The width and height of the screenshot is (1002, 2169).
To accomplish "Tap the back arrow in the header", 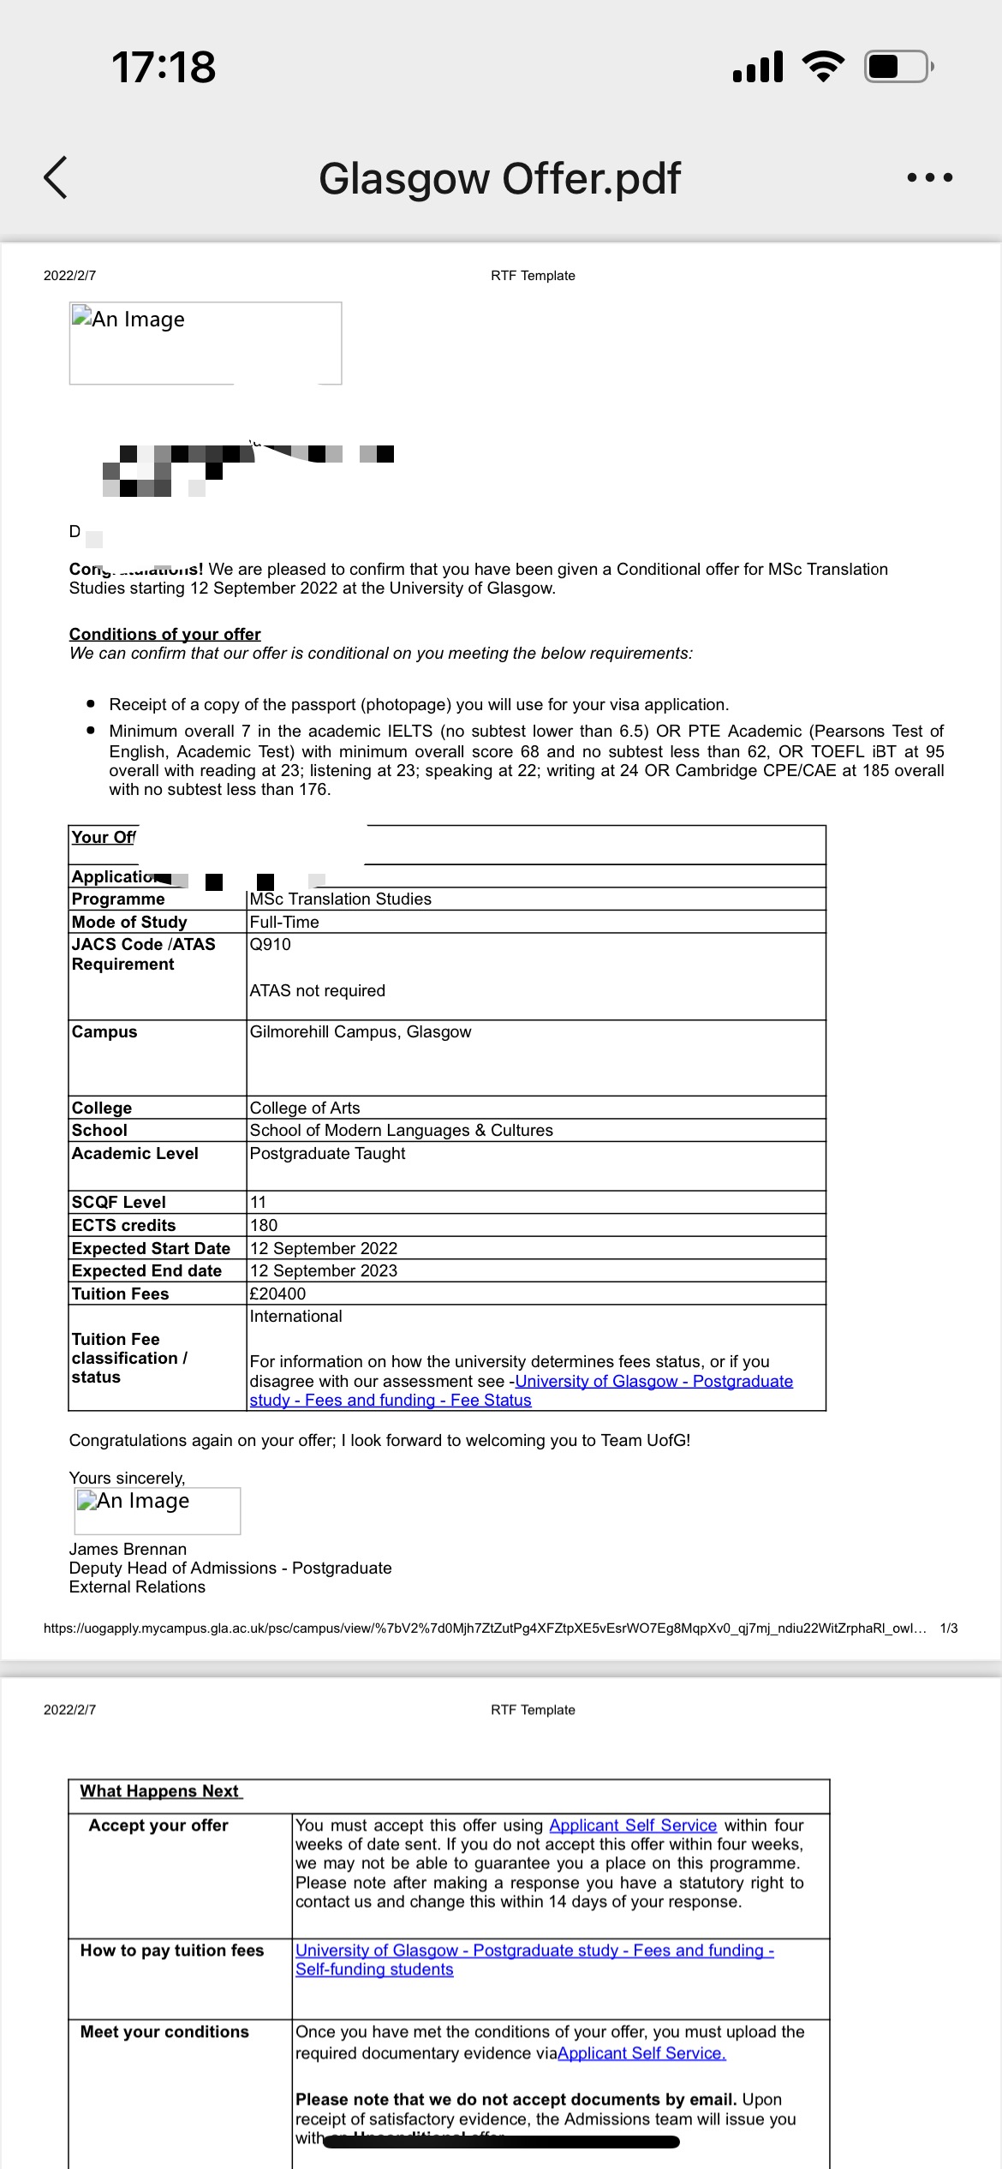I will pos(56,178).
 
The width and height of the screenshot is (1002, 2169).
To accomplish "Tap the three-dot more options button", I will pos(929,178).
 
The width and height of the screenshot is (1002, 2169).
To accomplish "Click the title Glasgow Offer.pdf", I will pos(499,179).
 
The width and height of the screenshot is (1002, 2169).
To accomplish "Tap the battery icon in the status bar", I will pos(898,67).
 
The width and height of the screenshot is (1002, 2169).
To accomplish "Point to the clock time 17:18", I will pos(164,67).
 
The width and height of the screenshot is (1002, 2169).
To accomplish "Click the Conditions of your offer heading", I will pos(164,634).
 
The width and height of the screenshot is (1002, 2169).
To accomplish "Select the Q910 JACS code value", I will pos(270,944).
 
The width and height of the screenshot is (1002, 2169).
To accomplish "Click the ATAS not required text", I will pos(317,990).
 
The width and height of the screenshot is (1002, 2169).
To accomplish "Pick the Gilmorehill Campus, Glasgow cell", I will pos(360,1031).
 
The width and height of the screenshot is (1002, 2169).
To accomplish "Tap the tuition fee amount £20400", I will pos(277,1294).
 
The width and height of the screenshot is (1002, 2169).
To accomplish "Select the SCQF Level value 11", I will pos(258,1202).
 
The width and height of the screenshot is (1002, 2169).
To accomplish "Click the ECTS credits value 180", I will pos(263,1225).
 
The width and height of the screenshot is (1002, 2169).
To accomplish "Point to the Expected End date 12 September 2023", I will pos(323,1270).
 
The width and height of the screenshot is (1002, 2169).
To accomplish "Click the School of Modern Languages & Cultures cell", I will pos(401,1130).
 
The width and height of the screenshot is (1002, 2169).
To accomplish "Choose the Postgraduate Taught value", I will pos(327,1153).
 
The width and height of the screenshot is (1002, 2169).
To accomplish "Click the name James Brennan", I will pos(128,1549).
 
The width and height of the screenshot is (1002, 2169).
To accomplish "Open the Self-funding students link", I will pos(374,1969).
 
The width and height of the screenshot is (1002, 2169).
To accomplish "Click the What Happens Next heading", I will pos(160,1791).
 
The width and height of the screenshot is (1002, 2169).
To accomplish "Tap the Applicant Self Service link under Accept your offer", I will pos(632,1825).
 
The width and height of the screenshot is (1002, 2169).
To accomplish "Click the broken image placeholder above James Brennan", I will pos(158,1510).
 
